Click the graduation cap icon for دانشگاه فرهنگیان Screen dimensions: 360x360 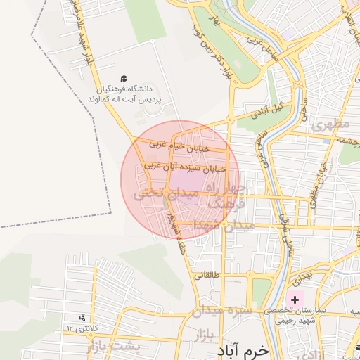(124, 79)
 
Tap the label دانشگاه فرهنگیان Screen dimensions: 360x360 (124, 90)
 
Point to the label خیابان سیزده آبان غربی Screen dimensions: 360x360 (184, 168)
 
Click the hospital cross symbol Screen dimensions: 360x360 (295, 300)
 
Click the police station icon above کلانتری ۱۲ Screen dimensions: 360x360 (82, 318)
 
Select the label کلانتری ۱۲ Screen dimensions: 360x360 (79, 328)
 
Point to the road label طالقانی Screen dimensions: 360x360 (207, 276)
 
